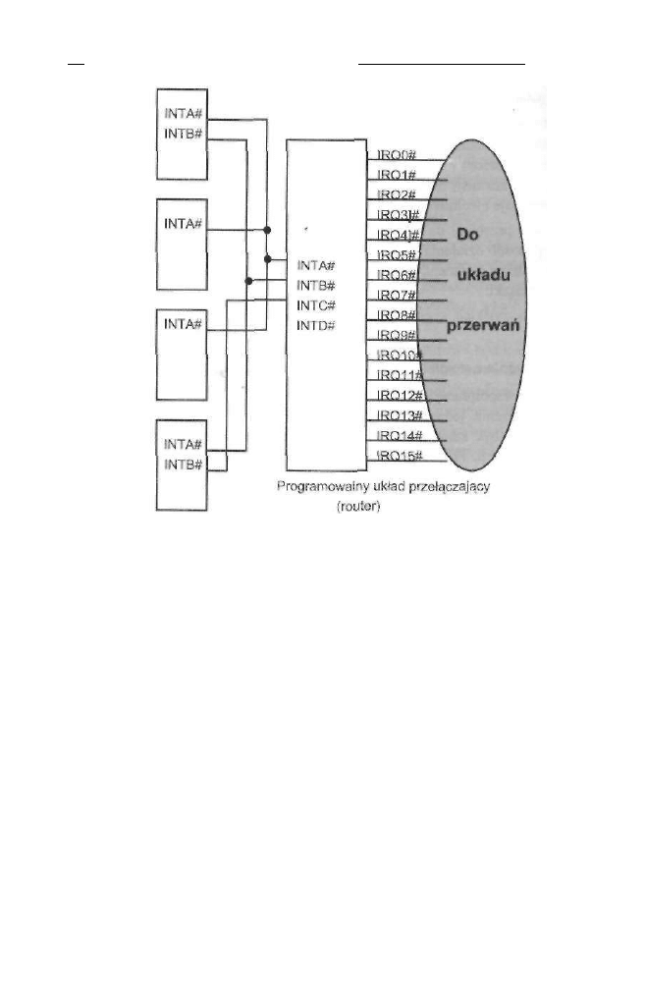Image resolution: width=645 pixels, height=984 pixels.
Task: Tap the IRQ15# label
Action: coord(399,456)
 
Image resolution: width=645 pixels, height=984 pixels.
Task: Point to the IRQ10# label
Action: coord(399,355)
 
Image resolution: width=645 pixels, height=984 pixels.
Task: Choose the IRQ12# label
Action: coord(399,395)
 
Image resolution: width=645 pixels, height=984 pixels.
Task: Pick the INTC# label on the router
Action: coord(316,304)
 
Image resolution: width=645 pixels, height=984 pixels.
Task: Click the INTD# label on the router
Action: coord(316,325)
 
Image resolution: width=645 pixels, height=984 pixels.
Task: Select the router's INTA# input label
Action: coord(316,264)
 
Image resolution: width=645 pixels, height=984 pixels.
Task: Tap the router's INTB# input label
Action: coord(316,285)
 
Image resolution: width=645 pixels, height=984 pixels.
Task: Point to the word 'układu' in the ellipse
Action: coord(482,276)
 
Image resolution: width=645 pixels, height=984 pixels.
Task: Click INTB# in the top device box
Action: coord(184,132)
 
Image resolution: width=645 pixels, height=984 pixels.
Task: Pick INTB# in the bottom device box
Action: coord(184,464)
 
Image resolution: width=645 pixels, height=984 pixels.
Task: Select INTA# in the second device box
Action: coord(184,223)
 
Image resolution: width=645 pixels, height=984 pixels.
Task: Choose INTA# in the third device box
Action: coord(184,323)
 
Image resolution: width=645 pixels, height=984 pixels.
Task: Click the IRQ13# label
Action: coord(399,415)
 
